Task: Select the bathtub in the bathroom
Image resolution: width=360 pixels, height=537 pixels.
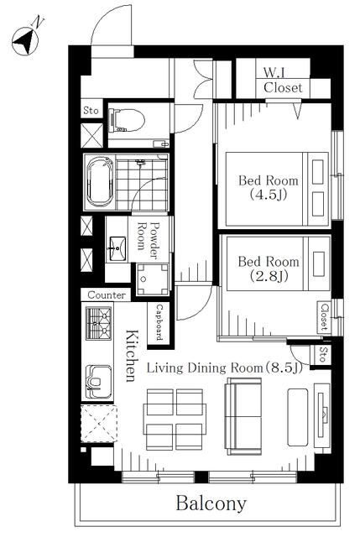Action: pos(100,182)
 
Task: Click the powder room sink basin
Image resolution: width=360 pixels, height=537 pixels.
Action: pos(117,248)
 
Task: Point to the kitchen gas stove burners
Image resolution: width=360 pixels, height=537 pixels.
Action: pos(99,323)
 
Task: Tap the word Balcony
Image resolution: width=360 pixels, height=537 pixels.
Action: pos(211,503)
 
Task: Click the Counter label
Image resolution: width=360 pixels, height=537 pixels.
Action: pos(107,295)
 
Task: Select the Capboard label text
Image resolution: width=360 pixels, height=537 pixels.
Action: pos(159,322)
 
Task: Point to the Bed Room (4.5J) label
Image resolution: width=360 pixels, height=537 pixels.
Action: pos(269,187)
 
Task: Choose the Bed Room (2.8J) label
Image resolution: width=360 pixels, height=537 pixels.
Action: pos(269,268)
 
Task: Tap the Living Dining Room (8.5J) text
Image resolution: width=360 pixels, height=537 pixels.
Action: pos(225,368)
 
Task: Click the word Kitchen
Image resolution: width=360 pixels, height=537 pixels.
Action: pos(132,356)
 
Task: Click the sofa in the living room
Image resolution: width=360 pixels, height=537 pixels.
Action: pos(243,416)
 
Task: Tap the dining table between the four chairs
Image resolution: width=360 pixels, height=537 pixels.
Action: pos(175,420)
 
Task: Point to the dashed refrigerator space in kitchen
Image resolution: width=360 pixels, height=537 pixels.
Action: pos(99,424)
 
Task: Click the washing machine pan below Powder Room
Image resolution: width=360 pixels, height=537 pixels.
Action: pos(153,279)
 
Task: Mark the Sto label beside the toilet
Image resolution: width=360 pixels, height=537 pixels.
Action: pos(91,111)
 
